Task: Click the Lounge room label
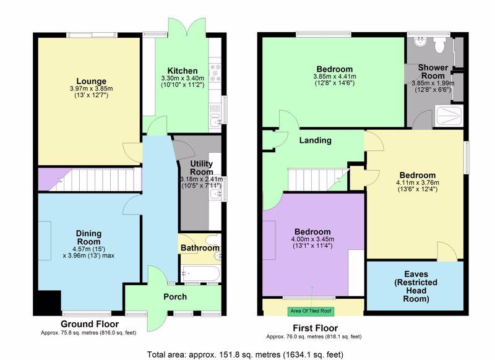(x=91, y=81)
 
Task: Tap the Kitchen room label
(x=183, y=71)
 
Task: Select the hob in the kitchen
(x=215, y=73)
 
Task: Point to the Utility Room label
(x=202, y=168)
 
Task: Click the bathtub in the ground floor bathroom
(x=200, y=274)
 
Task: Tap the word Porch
(x=175, y=296)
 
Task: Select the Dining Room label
(x=88, y=238)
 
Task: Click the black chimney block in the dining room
(x=48, y=302)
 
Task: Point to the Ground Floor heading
(x=90, y=324)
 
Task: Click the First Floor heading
(x=316, y=328)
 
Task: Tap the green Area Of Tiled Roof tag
(x=311, y=311)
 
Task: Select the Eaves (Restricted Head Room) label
(x=416, y=286)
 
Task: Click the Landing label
(x=316, y=140)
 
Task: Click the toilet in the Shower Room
(x=439, y=44)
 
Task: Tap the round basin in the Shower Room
(x=420, y=42)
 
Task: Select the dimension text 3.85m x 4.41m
(x=335, y=76)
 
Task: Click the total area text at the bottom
(x=245, y=354)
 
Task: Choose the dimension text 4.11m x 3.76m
(x=417, y=182)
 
